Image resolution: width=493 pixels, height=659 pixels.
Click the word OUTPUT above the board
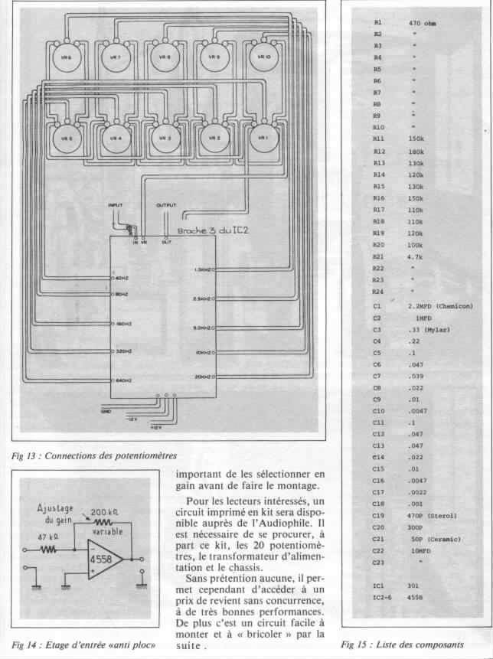pos(166,206)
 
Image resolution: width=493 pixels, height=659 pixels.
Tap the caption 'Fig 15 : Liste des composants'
pos(402,644)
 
